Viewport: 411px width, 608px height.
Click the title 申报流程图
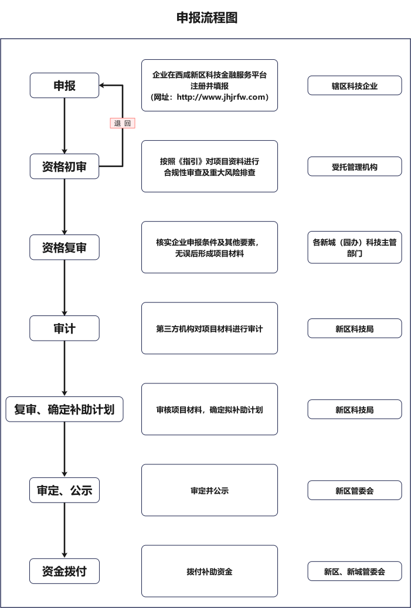point(207,18)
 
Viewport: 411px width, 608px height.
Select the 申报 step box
point(64,86)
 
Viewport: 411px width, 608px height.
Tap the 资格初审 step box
point(64,167)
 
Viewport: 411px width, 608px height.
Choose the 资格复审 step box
point(64,247)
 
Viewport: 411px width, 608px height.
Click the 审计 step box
point(64,328)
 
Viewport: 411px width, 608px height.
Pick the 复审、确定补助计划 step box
point(64,409)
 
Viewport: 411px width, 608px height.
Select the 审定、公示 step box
point(64,490)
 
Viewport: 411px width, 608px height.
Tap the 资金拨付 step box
point(64,571)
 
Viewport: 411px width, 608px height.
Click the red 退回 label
point(123,123)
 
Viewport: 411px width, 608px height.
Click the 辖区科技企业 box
point(355,86)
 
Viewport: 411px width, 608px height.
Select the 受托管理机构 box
point(355,167)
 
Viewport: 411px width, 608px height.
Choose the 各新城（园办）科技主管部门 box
point(355,247)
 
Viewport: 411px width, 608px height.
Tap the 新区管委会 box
point(355,490)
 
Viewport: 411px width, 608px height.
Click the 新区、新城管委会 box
point(355,571)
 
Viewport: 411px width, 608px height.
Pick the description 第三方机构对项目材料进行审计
point(209,328)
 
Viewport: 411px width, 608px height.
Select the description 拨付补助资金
point(209,571)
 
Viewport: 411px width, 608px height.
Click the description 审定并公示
point(209,490)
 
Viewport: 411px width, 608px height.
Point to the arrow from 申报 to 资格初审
point(64,125)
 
